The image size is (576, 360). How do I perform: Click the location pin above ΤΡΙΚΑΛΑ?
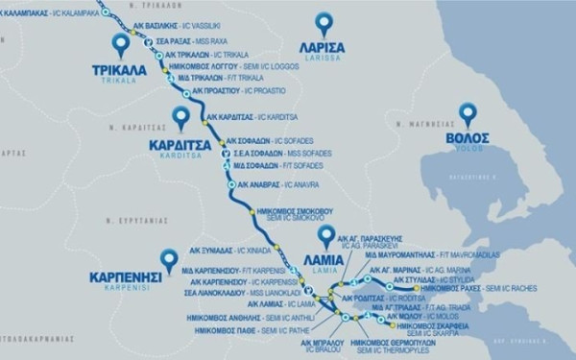pyautogui.click(x=121, y=43)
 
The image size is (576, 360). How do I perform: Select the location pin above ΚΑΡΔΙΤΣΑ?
pyautogui.click(x=180, y=119)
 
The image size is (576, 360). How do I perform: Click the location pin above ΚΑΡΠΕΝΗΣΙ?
pyautogui.click(x=170, y=258)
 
